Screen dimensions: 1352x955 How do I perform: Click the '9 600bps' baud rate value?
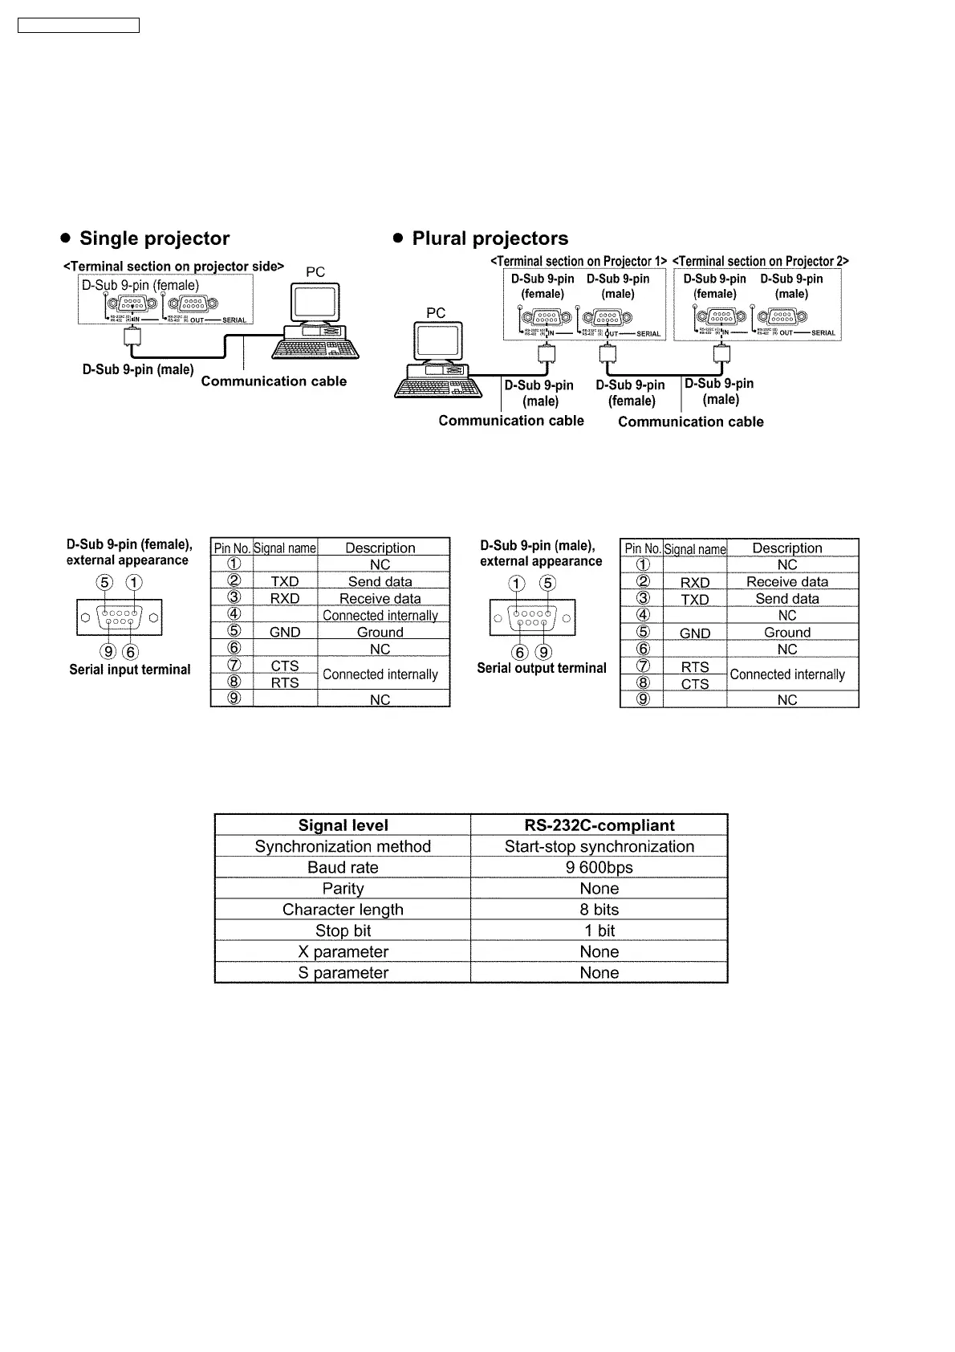click(x=599, y=868)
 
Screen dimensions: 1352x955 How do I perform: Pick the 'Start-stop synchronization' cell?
click(x=599, y=846)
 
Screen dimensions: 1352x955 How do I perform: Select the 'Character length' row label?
click(x=343, y=910)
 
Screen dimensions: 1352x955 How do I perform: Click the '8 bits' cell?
click(x=599, y=910)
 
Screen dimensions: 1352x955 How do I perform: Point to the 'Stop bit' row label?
click(x=343, y=931)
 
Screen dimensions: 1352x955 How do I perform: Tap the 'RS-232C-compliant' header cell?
click(x=599, y=825)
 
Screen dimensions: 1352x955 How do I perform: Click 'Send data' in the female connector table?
click(x=380, y=582)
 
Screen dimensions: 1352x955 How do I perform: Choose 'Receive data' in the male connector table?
click(x=786, y=582)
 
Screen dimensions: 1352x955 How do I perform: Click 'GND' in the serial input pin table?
click(x=285, y=633)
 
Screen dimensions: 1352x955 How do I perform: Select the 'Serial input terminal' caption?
click(x=130, y=670)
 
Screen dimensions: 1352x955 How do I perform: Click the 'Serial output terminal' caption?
click(x=542, y=668)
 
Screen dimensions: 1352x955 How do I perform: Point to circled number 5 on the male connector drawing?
click(x=547, y=584)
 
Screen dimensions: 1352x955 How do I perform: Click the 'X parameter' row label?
click(x=343, y=952)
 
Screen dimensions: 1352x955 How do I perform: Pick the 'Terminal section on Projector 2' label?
click(x=760, y=261)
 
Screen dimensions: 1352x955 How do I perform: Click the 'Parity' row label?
click(x=343, y=889)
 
